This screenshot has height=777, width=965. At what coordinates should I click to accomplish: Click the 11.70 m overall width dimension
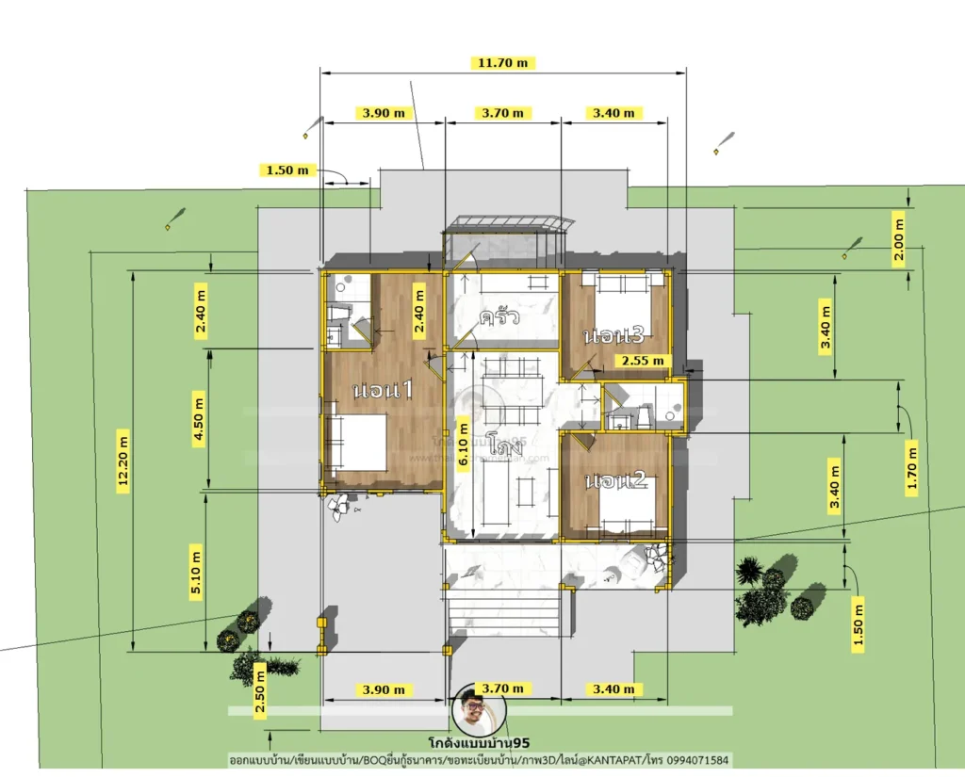coord(504,63)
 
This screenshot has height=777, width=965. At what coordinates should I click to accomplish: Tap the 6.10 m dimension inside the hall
coord(463,445)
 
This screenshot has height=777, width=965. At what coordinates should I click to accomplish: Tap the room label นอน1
coord(383,390)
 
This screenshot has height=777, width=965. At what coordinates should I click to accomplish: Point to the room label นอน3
coord(613,336)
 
